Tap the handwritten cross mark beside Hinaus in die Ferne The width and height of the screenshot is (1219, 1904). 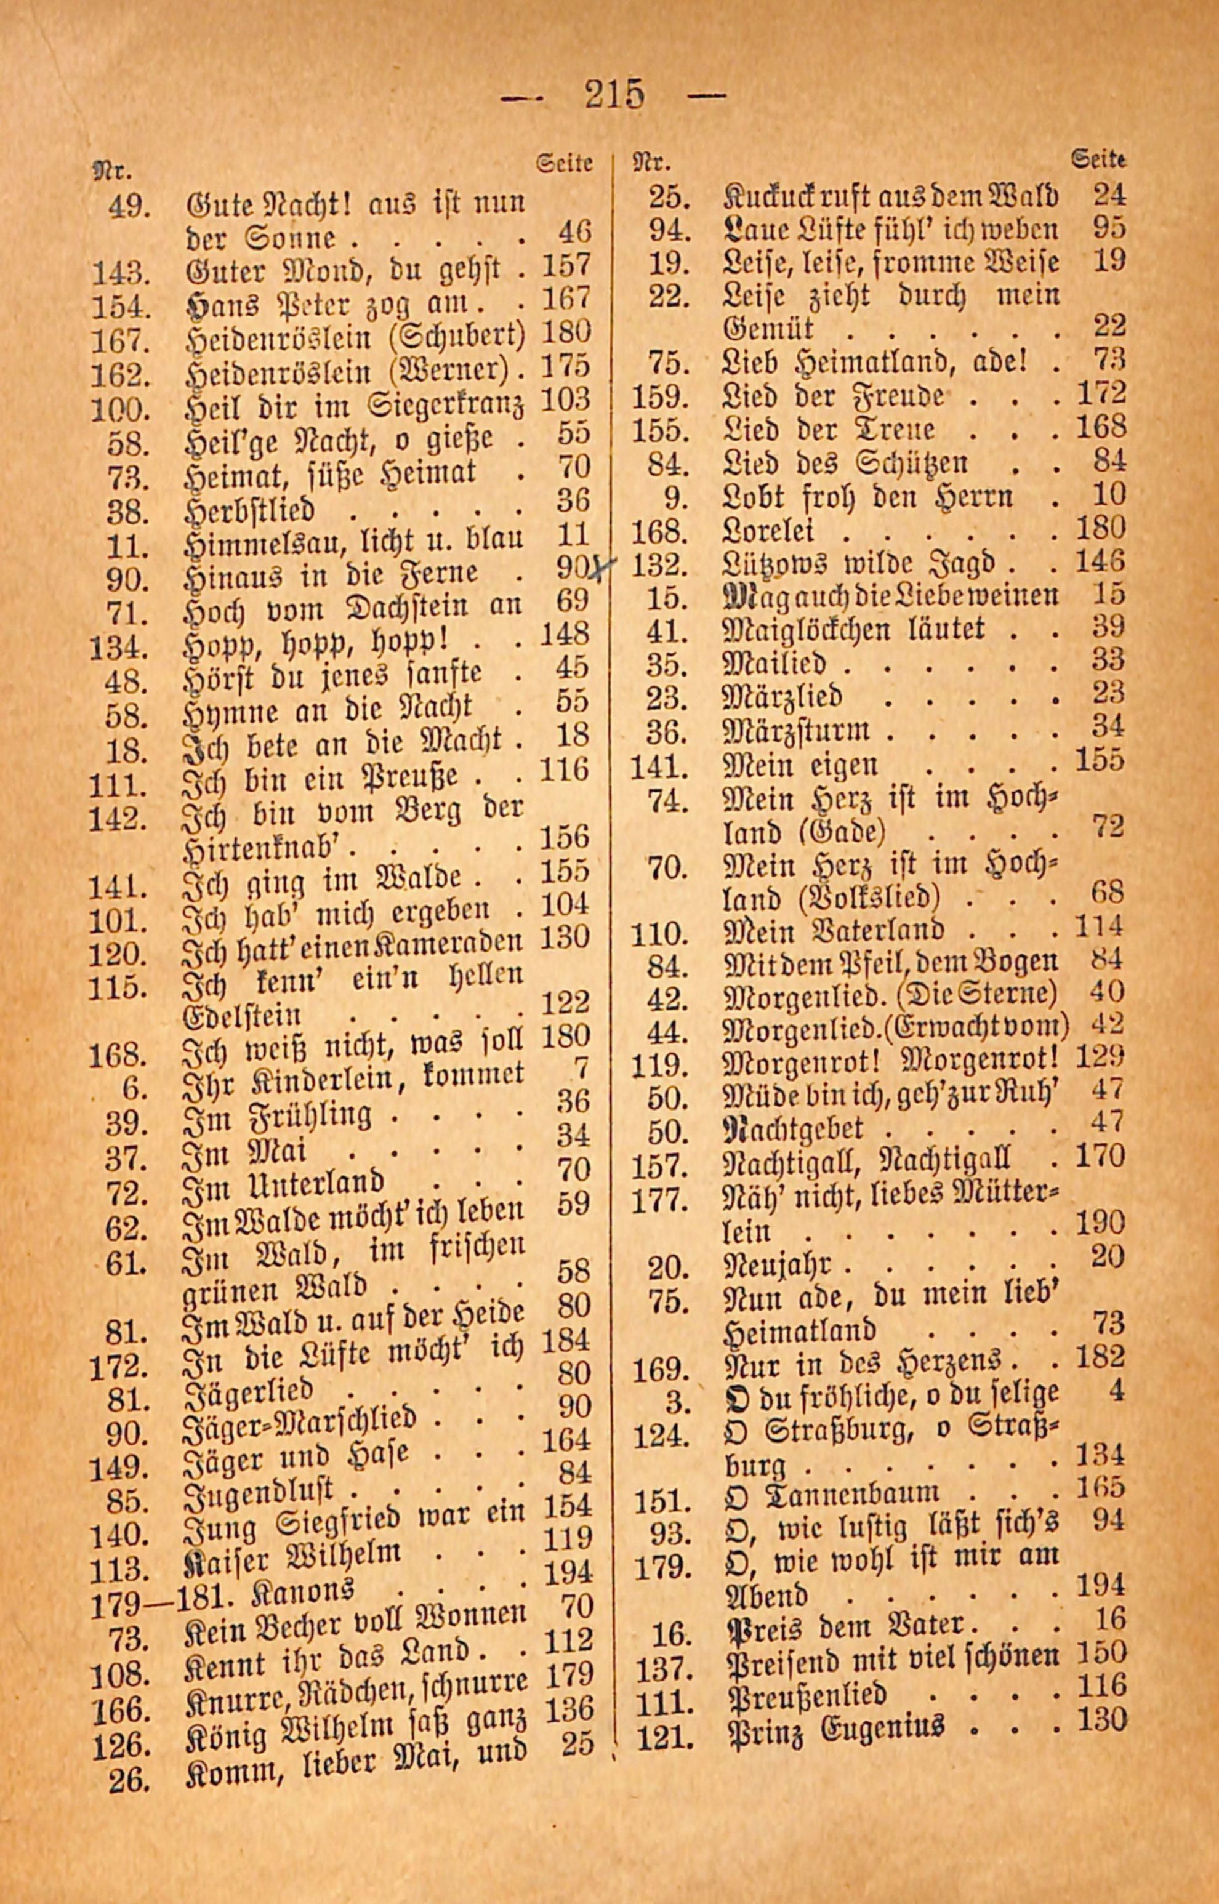coord(605,568)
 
